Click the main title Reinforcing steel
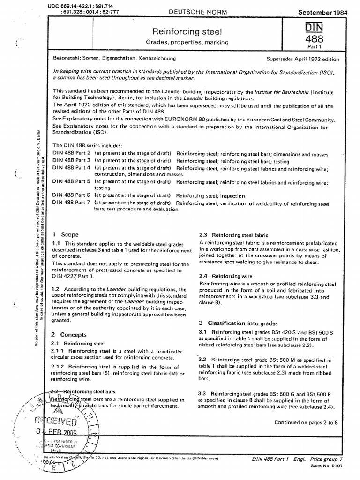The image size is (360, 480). [x=184, y=32]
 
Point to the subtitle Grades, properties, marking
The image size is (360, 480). [x=184, y=42]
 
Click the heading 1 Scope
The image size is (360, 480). [x=65, y=234]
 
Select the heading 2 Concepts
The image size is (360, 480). [x=69, y=334]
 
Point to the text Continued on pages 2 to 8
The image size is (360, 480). [x=305, y=422]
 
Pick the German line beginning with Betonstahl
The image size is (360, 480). [x=114, y=59]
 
